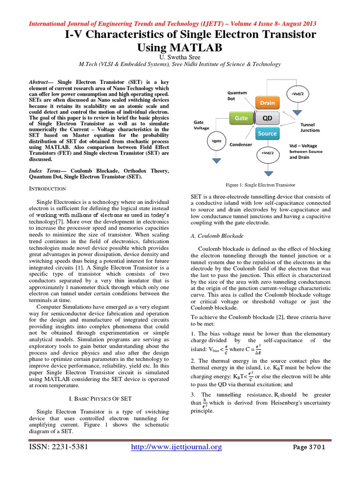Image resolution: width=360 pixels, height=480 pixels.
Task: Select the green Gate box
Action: (x=241, y=119)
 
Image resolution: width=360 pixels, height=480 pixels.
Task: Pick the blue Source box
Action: (x=267, y=134)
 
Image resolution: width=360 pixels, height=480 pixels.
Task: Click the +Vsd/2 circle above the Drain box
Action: (x=297, y=94)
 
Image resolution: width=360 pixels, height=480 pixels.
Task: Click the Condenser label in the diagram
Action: (x=241, y=145)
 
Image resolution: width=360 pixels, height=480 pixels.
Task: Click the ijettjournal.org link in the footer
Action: (x=175, y=460)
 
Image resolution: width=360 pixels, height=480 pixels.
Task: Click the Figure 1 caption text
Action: (x=260, y=185)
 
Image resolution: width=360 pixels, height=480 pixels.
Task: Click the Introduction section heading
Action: (x=47, y=188)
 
